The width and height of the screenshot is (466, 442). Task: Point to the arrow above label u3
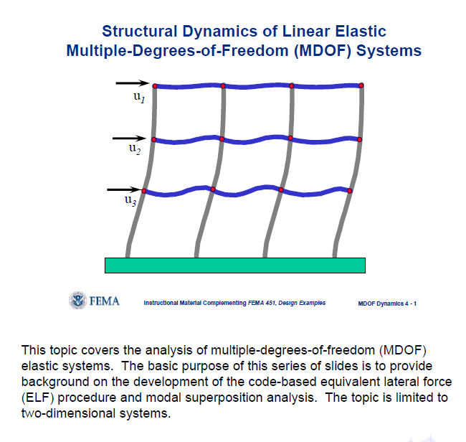point(124,190)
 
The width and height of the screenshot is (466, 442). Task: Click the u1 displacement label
point(139,98)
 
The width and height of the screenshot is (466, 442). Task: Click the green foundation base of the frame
point(235,265)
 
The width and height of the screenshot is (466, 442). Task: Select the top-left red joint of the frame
point(155,86)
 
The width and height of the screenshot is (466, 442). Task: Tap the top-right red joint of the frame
point(361,85)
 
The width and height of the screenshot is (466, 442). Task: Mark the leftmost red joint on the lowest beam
point(145,191)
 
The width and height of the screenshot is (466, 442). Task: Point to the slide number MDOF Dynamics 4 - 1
point(387,304)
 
